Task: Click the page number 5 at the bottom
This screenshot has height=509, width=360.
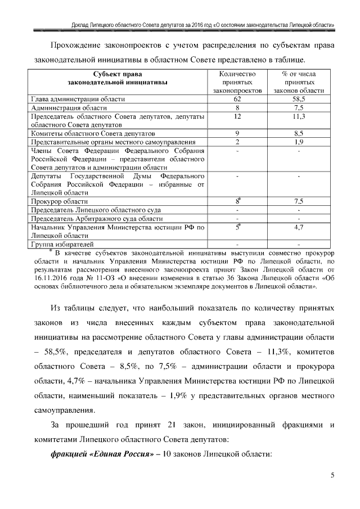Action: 332,476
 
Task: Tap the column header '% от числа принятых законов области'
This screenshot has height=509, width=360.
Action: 299,82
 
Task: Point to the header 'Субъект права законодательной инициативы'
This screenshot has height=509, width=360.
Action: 118,78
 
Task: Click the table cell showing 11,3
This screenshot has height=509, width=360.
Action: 299,116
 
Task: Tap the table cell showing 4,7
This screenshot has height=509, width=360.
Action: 299,227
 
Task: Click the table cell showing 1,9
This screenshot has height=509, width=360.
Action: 299,142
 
